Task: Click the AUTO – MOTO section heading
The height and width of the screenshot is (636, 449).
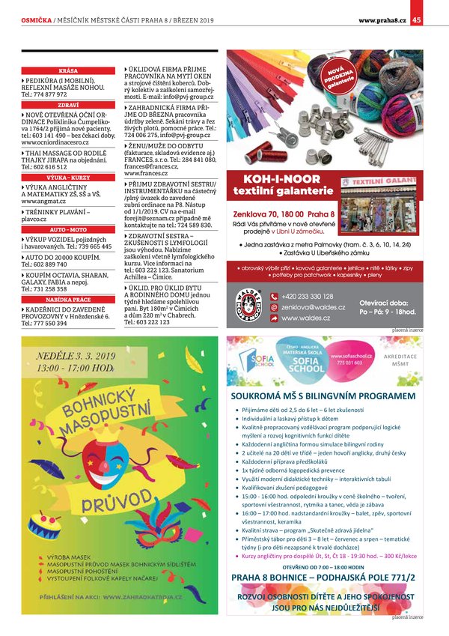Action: (68, 228)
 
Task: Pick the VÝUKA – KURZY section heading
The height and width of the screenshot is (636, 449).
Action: (68, 178)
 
